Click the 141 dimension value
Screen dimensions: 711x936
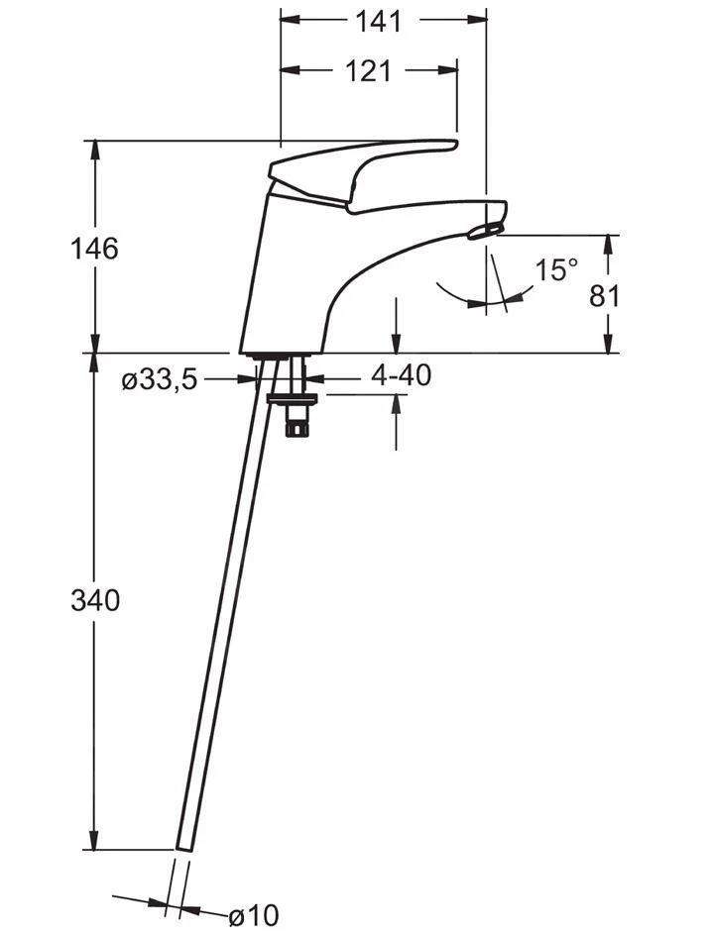click(379, 22)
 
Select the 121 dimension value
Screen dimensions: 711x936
click(368, 71)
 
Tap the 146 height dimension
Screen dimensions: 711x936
click(94, 248)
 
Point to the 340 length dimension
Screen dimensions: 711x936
click(95, 600)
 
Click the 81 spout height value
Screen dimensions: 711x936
click(605, 296)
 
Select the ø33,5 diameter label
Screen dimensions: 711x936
click(159, 379)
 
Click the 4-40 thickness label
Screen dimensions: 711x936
click(401, 375)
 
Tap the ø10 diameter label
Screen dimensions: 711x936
click(254, 914)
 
